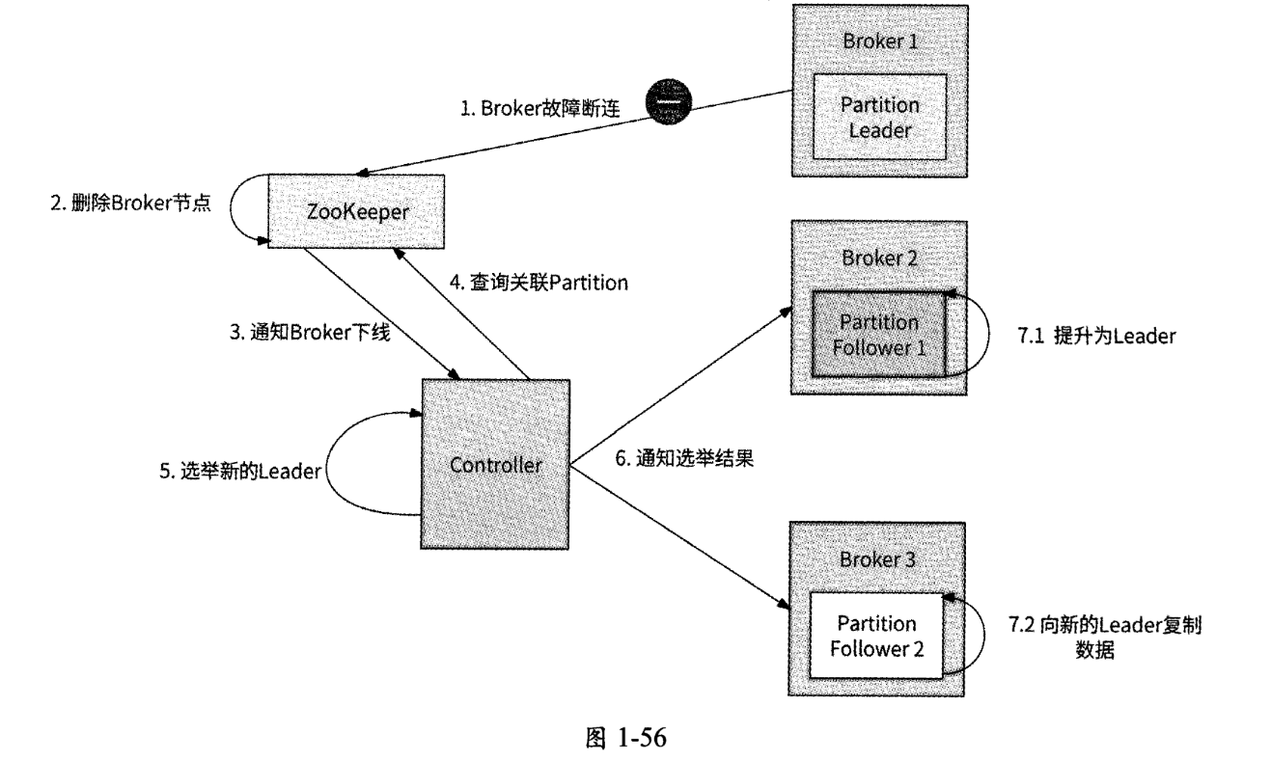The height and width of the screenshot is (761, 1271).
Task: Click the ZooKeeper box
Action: tap(354, 210)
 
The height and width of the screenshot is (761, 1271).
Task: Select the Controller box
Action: tap(496, 465)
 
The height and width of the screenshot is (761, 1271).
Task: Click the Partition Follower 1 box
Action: tap(877, 334)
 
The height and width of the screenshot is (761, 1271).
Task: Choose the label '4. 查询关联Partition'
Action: tap(539, 283)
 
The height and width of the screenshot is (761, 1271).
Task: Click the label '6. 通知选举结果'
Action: tap(684, 459)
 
